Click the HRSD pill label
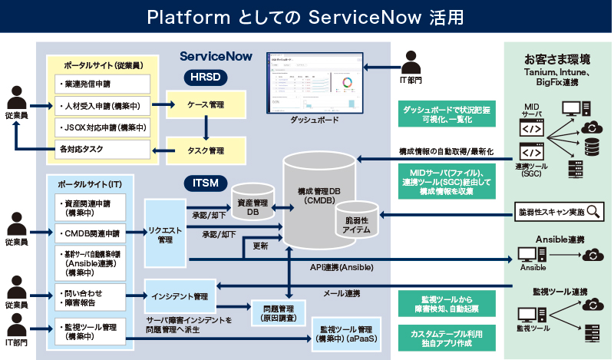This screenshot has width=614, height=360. tap(206, 78)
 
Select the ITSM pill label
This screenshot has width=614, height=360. tap(206, 183)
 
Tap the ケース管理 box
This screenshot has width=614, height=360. tap(206, 104)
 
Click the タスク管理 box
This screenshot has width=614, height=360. tap(206, 150)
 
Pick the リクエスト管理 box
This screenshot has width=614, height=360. tap(165, 233)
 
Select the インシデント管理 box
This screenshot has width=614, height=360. tap(180, 296)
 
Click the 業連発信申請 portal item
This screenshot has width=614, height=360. tap(102, 83)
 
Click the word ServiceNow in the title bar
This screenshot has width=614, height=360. tap(356, 16)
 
